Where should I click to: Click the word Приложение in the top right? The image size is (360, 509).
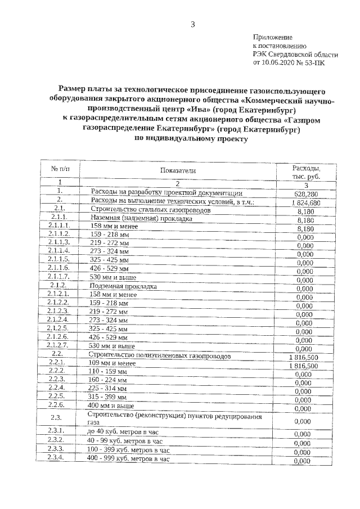click(x=272, y=37)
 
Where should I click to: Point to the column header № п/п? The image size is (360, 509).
click(x=61, y=169)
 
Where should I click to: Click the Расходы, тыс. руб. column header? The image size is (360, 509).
click(x=306, y=172)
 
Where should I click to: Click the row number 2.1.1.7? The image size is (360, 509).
click(x=59, y=278)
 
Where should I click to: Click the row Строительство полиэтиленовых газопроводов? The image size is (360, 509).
click(x=159, y=355)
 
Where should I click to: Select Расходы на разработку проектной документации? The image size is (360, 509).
click(x=166, y=192)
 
